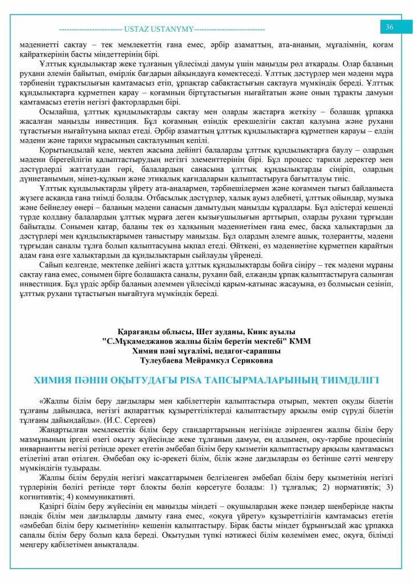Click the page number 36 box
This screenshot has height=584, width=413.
(390, 27)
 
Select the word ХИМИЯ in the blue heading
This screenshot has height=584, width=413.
(54, 380)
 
